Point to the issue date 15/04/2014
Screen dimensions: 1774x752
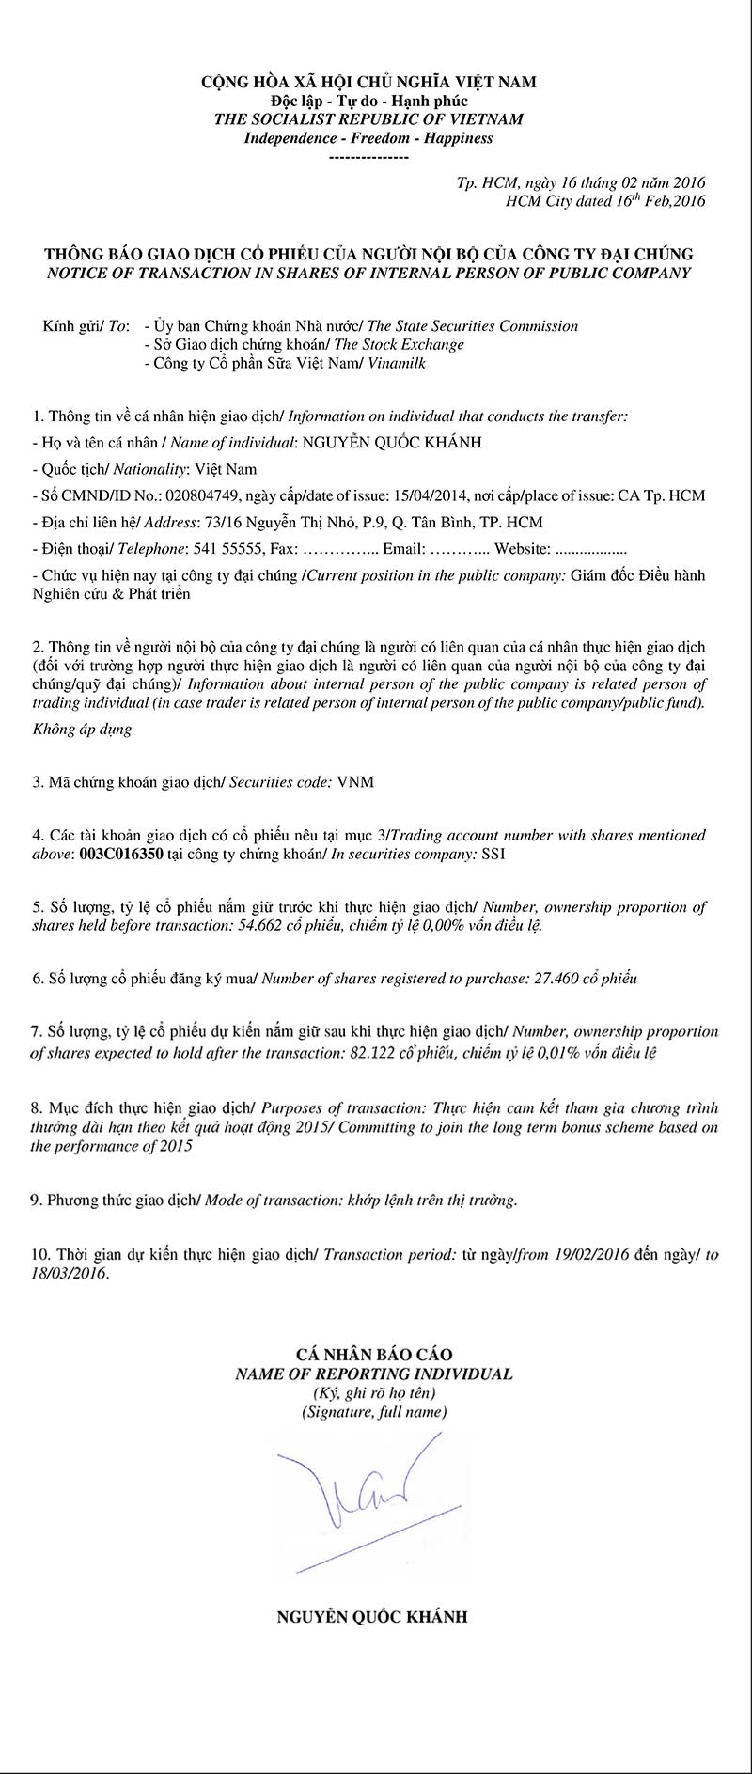(423, 495)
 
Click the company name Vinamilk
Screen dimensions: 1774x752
(399, 363)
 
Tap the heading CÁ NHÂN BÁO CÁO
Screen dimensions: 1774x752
(374, 1355)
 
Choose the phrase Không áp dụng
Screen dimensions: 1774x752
(82, 728)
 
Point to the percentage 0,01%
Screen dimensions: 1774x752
(556, 1051)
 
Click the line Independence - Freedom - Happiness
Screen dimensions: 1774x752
(368, 138)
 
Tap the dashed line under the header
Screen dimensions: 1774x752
(369, 156)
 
